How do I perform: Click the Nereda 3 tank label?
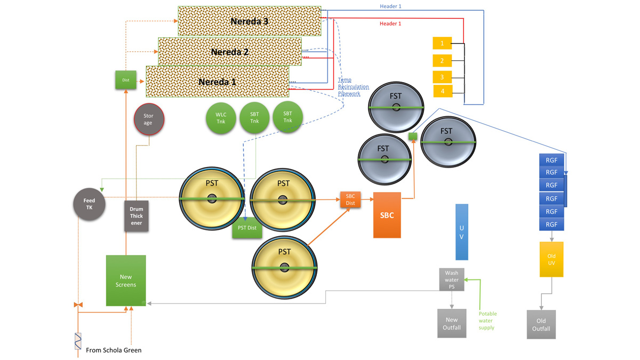click(x=249, y=21)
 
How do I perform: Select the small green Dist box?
click(x=126, y=80)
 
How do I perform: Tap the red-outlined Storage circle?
click(x=148, y=119)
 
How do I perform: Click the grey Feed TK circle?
click(x=89, y=204)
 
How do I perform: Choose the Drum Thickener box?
click(x=136, y=215)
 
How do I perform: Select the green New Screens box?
click(x=126, y=281)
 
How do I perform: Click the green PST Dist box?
click(x=247, y=228)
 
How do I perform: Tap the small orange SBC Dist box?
click(x=350, y=199)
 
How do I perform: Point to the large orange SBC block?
click(x=387, y=215)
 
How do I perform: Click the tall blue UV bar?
click(x=462, y=231)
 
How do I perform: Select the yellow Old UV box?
click(x=551, y=259)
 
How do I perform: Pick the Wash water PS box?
click(x=451, y=279)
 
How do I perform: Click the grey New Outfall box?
click(x=451, y=323)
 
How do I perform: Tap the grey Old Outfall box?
click(x=541, y=324)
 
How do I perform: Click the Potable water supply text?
click(x=487, y=321)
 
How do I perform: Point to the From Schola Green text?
click(x=114, y=350)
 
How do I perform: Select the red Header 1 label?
click(x=390, y=24)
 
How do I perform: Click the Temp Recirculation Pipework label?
click(x=349, y=87)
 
